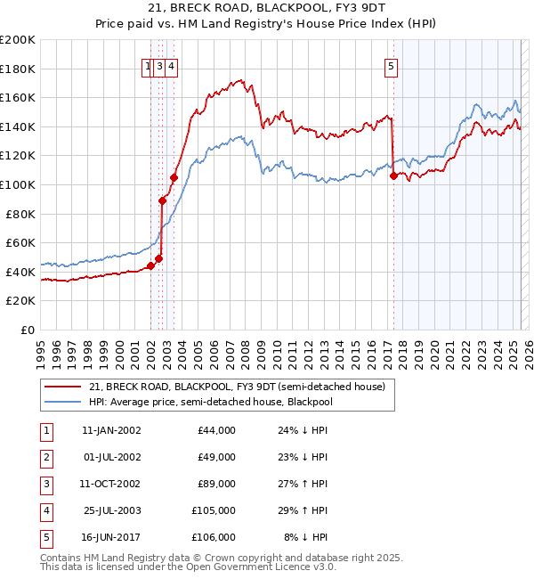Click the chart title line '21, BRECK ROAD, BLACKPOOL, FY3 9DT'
click(267, 10)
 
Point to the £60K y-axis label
click(20, 242)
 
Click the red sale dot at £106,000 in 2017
click(393, 175)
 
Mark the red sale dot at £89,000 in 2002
click(163, 200)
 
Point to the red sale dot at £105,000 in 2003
click(174, 177)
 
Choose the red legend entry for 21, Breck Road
click(236, 387)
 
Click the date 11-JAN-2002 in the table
click(111, 430)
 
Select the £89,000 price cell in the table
click(216, 484)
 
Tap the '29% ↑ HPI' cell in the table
click(303, 510)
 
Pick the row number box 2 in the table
click(44, 457)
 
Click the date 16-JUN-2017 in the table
click(111, 537)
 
